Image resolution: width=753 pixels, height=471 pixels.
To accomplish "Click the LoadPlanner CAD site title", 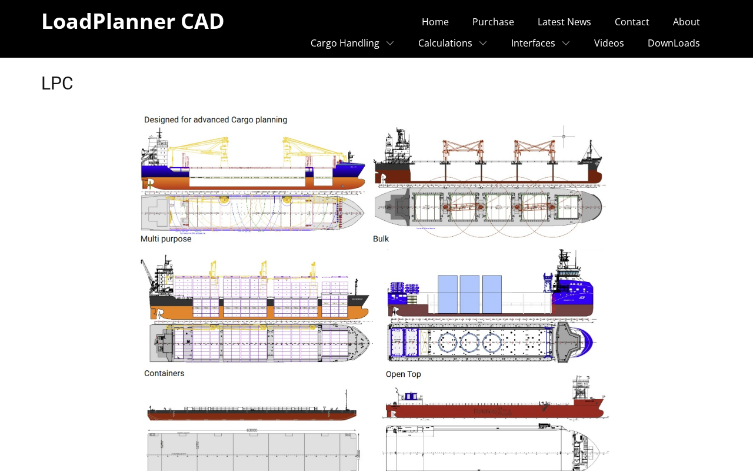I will (132, 21).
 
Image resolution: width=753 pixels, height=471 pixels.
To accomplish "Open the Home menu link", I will (435, 22).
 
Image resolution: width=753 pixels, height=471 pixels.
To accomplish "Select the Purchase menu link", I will (493, 22).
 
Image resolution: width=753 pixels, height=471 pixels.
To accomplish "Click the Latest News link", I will (564, 22).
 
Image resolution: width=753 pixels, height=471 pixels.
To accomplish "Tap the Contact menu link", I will (632, 22).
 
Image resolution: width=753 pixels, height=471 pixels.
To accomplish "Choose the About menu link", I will (686, 22).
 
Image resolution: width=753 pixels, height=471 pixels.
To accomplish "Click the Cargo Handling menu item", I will (345, 43).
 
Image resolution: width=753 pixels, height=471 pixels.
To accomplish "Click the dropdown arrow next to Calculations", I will (483, 43).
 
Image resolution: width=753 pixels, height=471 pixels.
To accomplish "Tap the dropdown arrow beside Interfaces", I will (566, 43).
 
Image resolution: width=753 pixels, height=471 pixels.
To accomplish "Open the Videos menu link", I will (609, 43).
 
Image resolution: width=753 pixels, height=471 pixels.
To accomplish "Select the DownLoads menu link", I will (674, 43).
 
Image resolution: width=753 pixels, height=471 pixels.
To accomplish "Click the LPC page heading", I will (57, 84).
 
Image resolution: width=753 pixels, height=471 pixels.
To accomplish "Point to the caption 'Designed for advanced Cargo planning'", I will (215, 120).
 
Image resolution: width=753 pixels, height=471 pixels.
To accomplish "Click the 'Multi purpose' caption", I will (166, 239).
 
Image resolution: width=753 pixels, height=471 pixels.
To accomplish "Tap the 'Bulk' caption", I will (381, 239).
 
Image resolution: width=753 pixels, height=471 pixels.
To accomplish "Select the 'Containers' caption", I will (164, 373).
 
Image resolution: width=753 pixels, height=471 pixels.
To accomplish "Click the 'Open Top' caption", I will (403, 374).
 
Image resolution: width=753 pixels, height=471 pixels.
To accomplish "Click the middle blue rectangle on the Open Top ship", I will (469, 294).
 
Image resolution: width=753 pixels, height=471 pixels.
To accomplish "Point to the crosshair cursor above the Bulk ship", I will (564, 137).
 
